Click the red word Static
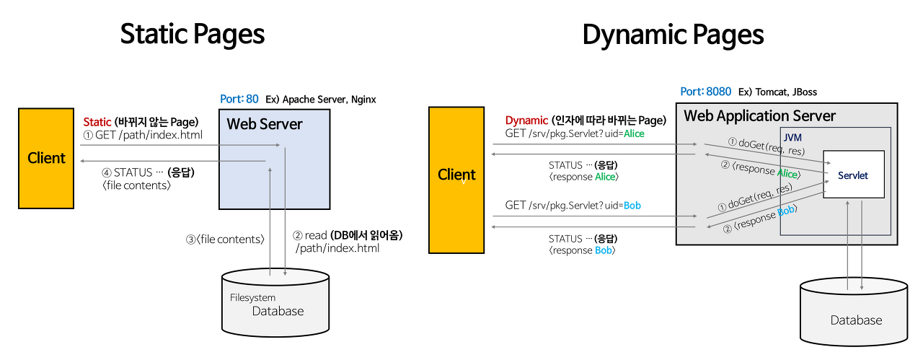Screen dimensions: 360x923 tap(97, 122)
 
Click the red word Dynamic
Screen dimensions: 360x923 tap(526, 120)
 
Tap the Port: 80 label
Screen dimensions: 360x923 tap(239, 99)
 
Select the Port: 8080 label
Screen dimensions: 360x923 tap(706, 92)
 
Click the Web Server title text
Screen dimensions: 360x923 tap(265, 124)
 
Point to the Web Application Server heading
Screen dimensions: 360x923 tap(759, 116)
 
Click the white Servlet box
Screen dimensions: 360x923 tap(853, 175)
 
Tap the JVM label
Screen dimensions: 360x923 tap(792, 137)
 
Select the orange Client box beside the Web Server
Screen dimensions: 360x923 tap(46, 158)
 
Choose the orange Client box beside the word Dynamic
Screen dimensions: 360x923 tap(456, 180)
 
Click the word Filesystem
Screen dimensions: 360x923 tap(252, 298)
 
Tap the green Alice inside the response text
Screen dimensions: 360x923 tap(787, 173)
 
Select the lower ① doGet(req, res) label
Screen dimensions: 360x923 tap(756, 198)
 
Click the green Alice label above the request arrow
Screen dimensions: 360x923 tap(634, 133)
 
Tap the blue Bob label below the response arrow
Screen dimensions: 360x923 tap(603, 250)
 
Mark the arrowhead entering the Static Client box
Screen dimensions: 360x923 tap(82, 161)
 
